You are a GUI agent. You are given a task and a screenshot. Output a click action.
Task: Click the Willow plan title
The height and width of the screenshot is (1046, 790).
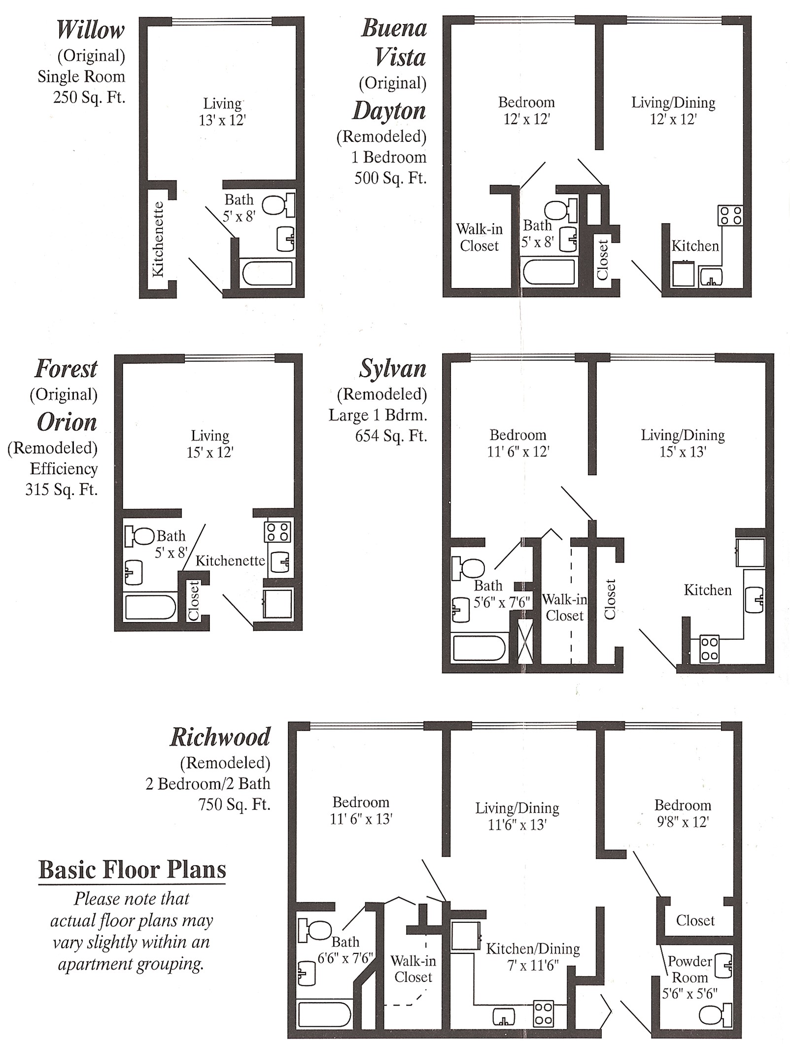click(90, 30)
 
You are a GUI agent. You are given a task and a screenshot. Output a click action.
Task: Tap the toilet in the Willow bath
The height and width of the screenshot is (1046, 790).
click(278, 205)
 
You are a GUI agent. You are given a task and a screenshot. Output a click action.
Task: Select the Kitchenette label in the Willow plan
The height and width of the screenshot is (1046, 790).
click(158, 239)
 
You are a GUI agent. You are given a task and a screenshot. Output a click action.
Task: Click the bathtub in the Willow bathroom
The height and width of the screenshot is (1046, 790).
click(268, 273)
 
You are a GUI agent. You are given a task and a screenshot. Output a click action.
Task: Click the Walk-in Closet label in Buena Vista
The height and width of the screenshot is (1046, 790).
click(479, 237)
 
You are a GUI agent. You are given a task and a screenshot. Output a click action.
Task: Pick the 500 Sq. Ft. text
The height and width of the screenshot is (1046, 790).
click(390, 178)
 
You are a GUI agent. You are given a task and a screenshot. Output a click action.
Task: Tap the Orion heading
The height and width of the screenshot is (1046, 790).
click(67, 422)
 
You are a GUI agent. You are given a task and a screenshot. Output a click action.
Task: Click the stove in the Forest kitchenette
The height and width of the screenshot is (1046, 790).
click(277, 532)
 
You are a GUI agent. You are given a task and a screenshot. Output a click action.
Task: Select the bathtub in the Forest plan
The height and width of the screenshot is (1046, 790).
click(150, 607)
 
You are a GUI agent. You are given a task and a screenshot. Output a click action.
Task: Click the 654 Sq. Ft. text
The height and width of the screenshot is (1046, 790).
click(391, 436)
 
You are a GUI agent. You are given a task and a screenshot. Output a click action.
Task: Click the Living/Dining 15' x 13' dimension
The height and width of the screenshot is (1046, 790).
click(683, 452)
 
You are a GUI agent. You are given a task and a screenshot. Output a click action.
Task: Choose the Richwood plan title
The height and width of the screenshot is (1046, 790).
click(220, 737)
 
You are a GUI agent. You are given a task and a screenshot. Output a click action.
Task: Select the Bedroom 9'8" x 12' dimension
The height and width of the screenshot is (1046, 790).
click(683, 821)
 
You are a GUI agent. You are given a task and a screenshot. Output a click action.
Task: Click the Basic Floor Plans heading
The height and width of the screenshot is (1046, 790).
click(132, 870)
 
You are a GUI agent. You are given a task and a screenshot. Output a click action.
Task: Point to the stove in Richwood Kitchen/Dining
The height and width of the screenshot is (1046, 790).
click(544, 1013)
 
